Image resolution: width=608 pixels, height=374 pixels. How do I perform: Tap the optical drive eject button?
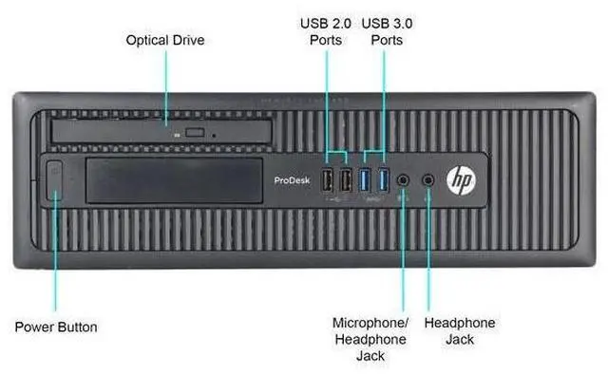(199, 132)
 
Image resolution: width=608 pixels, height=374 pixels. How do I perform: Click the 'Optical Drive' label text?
(165, 41)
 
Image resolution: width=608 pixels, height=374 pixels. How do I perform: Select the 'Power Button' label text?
(56, 327)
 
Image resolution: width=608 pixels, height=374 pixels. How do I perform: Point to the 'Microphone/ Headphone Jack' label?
(370, 339)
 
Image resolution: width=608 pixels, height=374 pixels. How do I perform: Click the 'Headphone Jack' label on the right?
(459, 331)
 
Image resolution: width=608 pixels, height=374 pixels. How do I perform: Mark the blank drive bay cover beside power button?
(171, 180)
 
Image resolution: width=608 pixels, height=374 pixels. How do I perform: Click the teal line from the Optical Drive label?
(166, 85)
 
